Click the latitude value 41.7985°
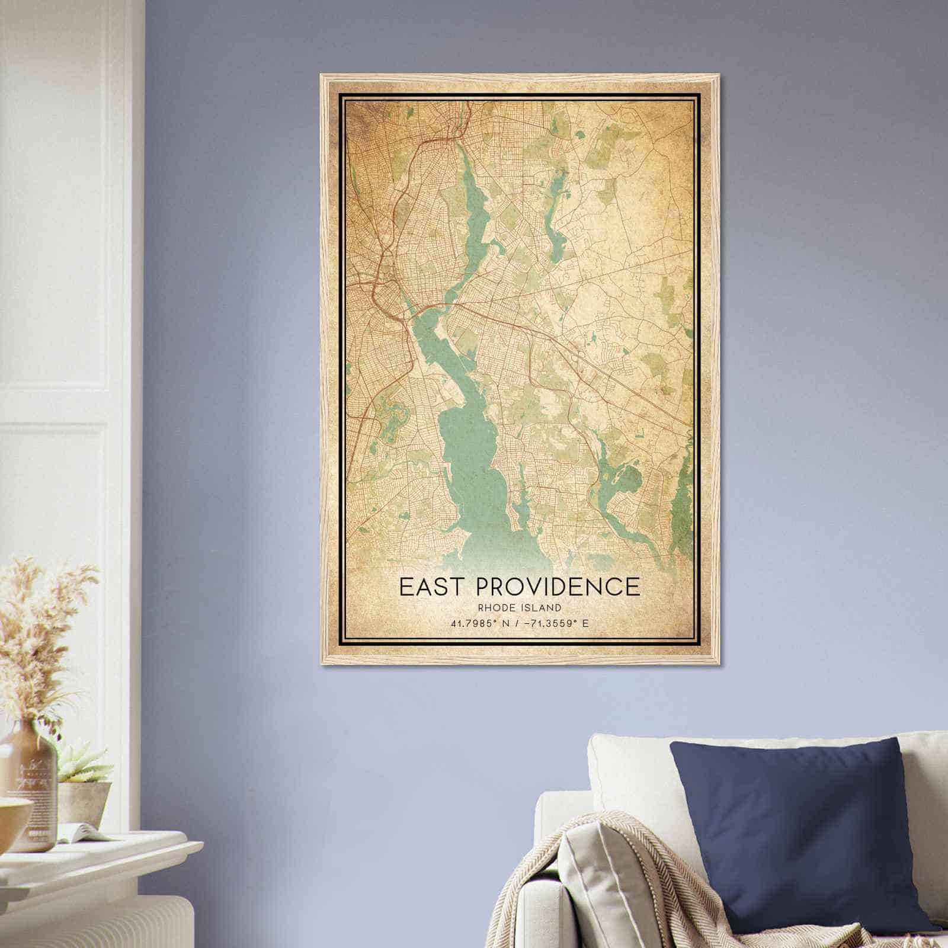472,623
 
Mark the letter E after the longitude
585,623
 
